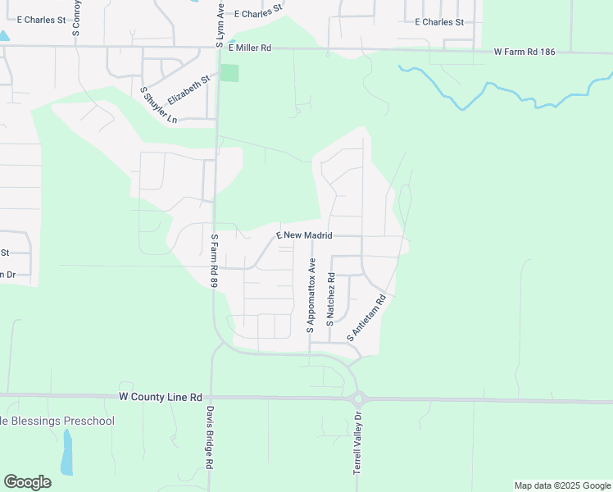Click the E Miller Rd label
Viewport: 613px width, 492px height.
point(250,48)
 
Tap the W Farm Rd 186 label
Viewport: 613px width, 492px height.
point(524,52)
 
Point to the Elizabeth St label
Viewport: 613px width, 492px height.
point(189,89)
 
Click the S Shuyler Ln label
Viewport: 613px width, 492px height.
point(159,105)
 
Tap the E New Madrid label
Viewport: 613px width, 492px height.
point(304,235)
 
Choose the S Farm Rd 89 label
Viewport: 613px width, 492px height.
point(215,260)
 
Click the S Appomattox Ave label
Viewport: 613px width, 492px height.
point(311,295)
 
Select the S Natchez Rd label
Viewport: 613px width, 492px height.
point(330,300)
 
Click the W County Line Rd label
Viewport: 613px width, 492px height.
point(160,397)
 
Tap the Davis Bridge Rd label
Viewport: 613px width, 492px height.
point(210,438)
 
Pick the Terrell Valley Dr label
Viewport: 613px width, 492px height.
point(357,444)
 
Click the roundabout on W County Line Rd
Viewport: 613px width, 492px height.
point(358,399)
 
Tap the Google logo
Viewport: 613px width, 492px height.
point(27,482)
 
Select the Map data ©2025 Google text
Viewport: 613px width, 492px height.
point(561,485)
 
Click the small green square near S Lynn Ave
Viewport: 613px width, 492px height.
point(230,72)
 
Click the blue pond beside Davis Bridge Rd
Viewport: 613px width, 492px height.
point(67,451)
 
